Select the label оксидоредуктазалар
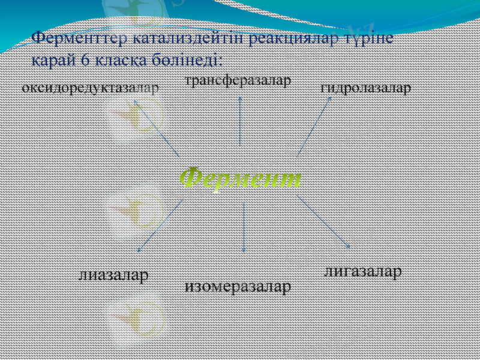pos(90,88)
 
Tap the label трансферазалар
pos(238,80)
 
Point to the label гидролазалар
pos(366,88)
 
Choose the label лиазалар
pos(113,275)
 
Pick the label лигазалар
pos(362,272)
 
